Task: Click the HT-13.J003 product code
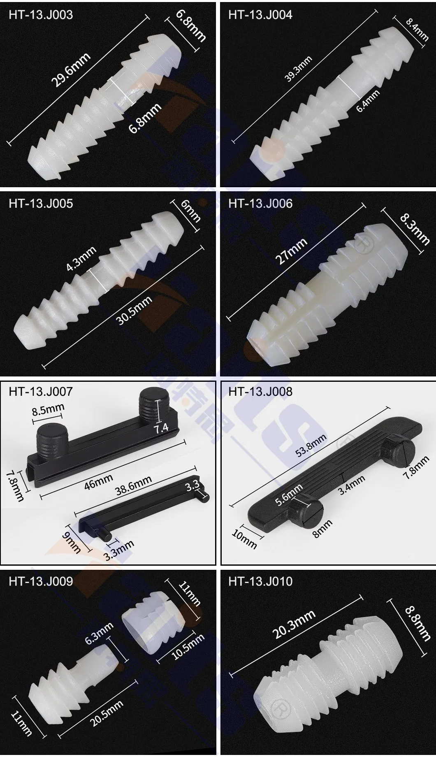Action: coord(41,15)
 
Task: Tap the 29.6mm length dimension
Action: coord(70,70)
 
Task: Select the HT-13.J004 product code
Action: coord(260,15)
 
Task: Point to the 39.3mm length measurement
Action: coord(299,69)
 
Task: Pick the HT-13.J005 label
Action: coord(41,204)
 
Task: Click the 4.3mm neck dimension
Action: coord(81,259)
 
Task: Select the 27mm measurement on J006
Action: coord(291,251)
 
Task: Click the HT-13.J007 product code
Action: coord(41,391)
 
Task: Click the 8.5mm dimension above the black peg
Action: coord(49,410)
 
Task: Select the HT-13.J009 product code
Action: coord(41,581)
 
